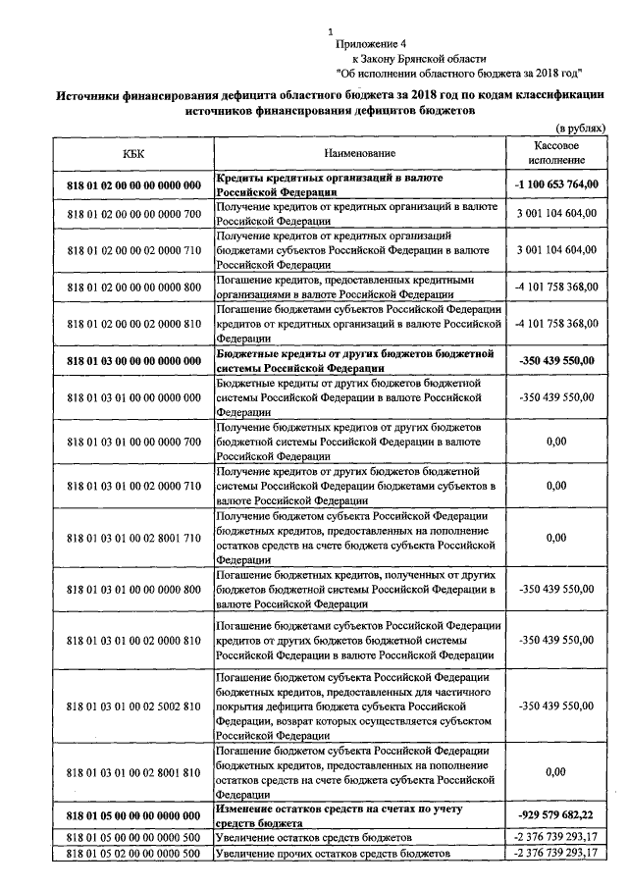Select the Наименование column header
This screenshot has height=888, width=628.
pyautogui.click(x=358, y=153)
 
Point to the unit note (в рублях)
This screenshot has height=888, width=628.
pyautogui.click(x=580, y=129)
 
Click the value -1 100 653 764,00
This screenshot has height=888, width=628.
pyautogui.click(x=554, y=183)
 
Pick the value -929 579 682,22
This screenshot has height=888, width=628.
pyautogui.click(x=554, y=815)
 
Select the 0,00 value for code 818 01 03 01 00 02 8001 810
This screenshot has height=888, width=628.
pyautogui.click(x=554, y=771)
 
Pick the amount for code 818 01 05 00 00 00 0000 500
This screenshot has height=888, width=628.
pyautogui.click(x=554, y=836)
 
